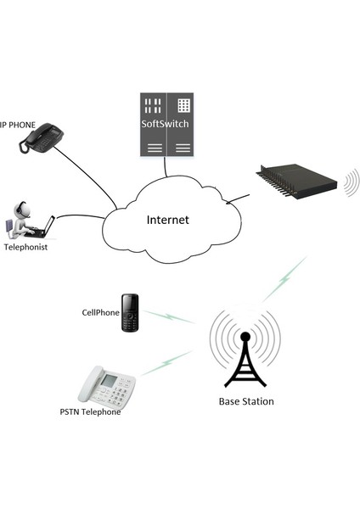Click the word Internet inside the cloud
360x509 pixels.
(167, 220)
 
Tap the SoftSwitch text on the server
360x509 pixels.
(165, 125)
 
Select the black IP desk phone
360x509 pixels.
(42, 139)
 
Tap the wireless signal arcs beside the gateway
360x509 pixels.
(352, 182)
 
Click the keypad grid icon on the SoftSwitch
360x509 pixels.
(181, 106)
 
